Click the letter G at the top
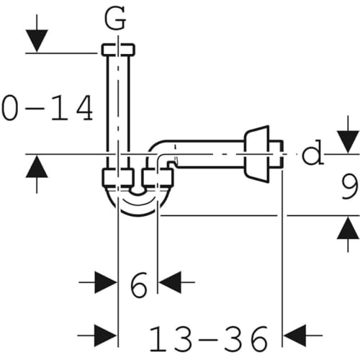click(118, 19)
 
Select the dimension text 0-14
click(48, 108)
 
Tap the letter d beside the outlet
click(312, 154)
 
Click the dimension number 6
click(139, 285)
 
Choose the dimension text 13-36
click(209, 337)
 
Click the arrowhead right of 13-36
click(294, 335)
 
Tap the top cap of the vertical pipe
click(118, 50)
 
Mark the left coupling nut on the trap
click(117, 179)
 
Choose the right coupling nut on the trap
click(158, 179)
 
